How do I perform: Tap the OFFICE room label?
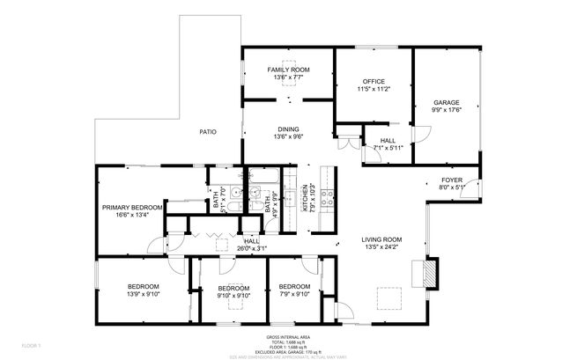[x=374, y=81]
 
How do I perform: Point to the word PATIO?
[x=208, y=132]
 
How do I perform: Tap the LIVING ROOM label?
[x=381, y=239]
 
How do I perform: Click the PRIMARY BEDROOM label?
[x=130, y=208]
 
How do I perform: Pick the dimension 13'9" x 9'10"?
[x=144, y=295]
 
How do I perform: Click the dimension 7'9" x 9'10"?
[x=294, y=295]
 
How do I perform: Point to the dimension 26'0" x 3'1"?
[x=252, y=249]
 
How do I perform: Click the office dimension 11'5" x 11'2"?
[x=374, y=89]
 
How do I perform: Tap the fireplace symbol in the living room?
[x=429, y=272]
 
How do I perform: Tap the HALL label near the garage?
[x=388, y=141]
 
